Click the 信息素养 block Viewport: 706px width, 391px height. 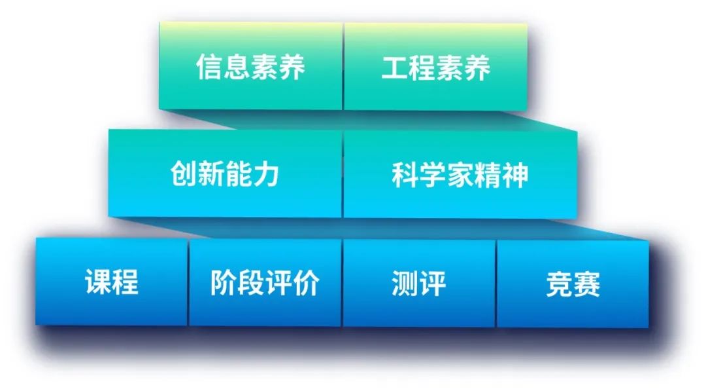point(250,67)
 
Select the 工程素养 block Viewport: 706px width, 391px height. point(435,67)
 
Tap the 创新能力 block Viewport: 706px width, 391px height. point(225,174)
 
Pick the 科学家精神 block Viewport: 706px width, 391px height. point(460,174)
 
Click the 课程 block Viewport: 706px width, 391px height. point(112,282)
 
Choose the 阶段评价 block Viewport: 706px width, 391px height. point(265,282)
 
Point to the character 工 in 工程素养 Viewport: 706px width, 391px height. point(395,67)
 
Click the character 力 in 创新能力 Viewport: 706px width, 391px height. point(266,175)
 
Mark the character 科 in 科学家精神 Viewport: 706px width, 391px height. point(405,175)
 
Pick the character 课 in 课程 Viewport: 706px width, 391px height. point(98,283)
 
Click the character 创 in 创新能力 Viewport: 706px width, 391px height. point(184,175)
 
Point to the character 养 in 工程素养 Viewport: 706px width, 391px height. point(477,67)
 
